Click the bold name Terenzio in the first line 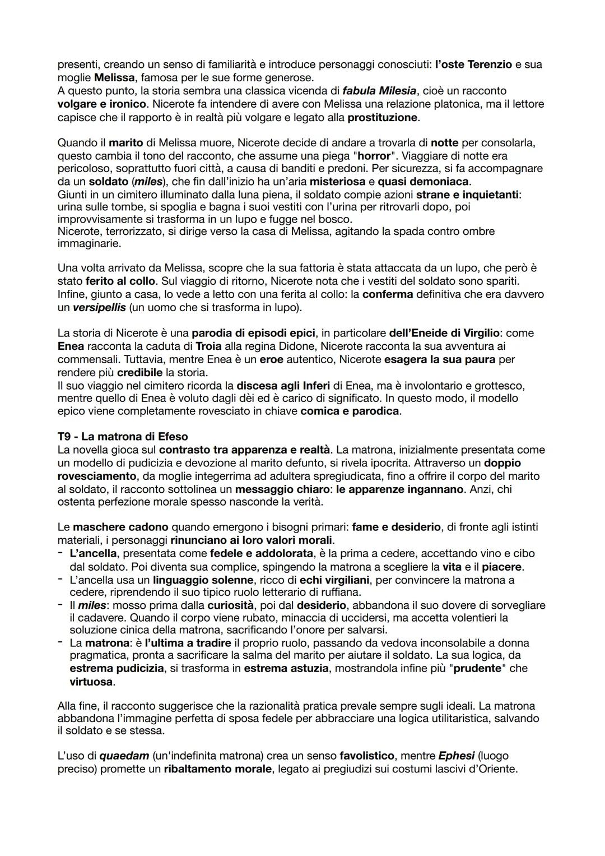point(490,64)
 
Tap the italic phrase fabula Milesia point(379,91)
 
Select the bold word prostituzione point(383,117)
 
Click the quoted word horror point(374,156)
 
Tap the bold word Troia point(208,346)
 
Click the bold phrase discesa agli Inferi point(283,386)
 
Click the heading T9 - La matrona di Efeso point(123,437)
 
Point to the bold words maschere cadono point(120,527)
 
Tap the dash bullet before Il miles point(61,605)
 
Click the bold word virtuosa point(91,682)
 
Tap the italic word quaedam point(124,756)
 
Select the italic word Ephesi point(457,756)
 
